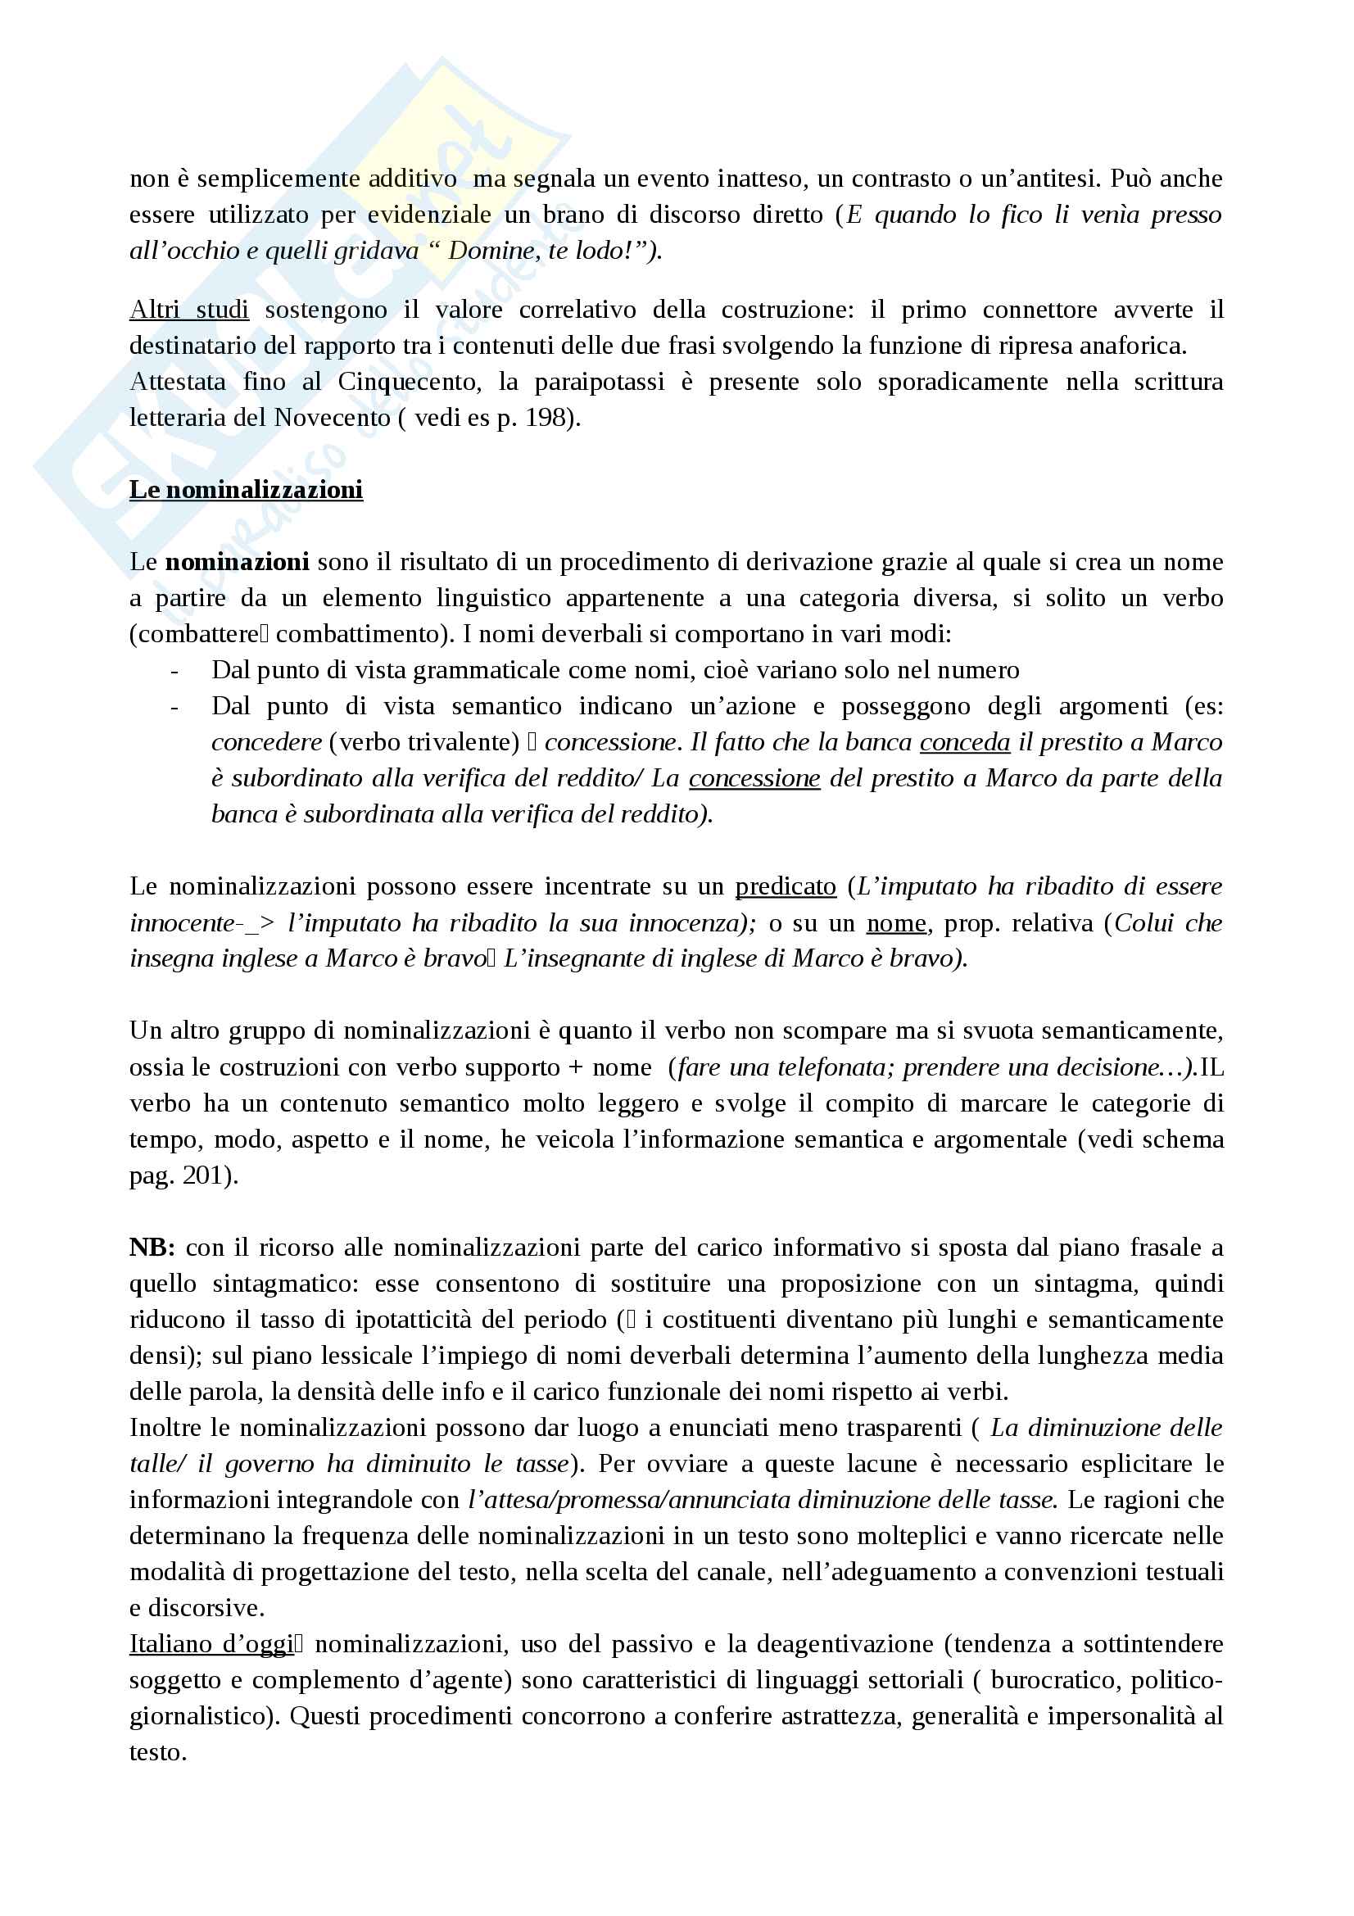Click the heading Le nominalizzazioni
tap(245, 489)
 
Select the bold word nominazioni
tap(237, 562)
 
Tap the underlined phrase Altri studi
tap(188, 310)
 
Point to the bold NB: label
tap(152, 1248)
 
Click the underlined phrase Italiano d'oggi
tap(212, 1644)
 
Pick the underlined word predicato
tap(785, 886)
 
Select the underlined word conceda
tap(964, 742)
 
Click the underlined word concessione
tap(754, 777)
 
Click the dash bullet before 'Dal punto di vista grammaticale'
tap(174, 670)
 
